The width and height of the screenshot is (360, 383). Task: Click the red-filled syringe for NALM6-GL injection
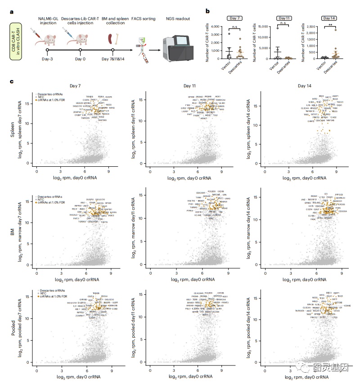point(34,32)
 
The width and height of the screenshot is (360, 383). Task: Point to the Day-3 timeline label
point(48,59)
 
